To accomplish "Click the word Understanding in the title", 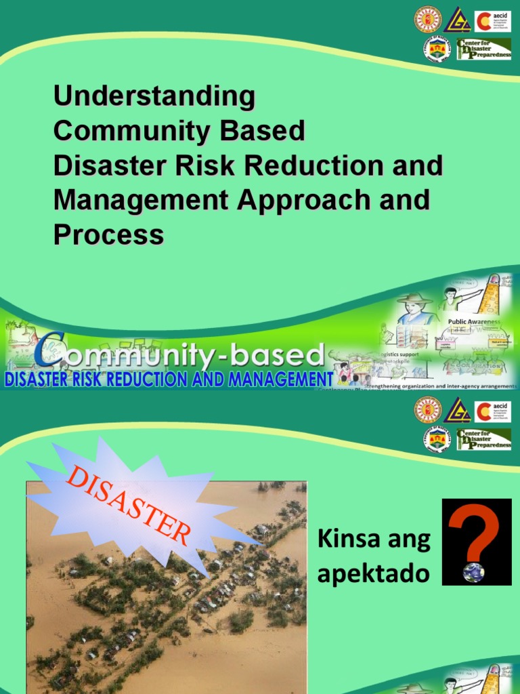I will click(154, 96).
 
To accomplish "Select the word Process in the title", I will click(108, 234).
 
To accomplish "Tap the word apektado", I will click(373, 574).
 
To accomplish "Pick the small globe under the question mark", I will click(473, 573).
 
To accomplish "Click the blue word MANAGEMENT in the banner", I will click(280, 378).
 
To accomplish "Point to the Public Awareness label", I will click(473, 322).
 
